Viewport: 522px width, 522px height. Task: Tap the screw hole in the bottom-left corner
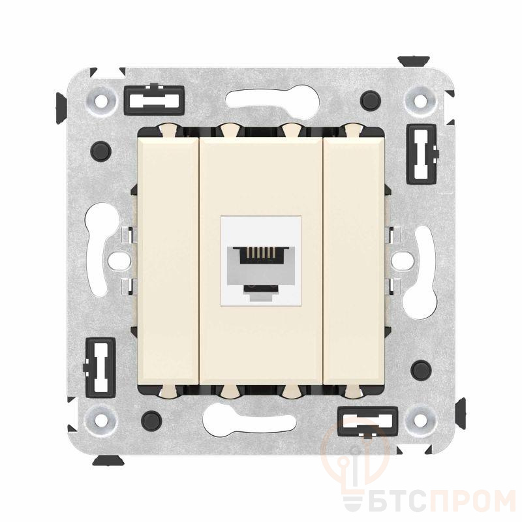(x=100, y=418)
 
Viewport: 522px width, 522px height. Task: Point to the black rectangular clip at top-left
(x=154, y=100)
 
